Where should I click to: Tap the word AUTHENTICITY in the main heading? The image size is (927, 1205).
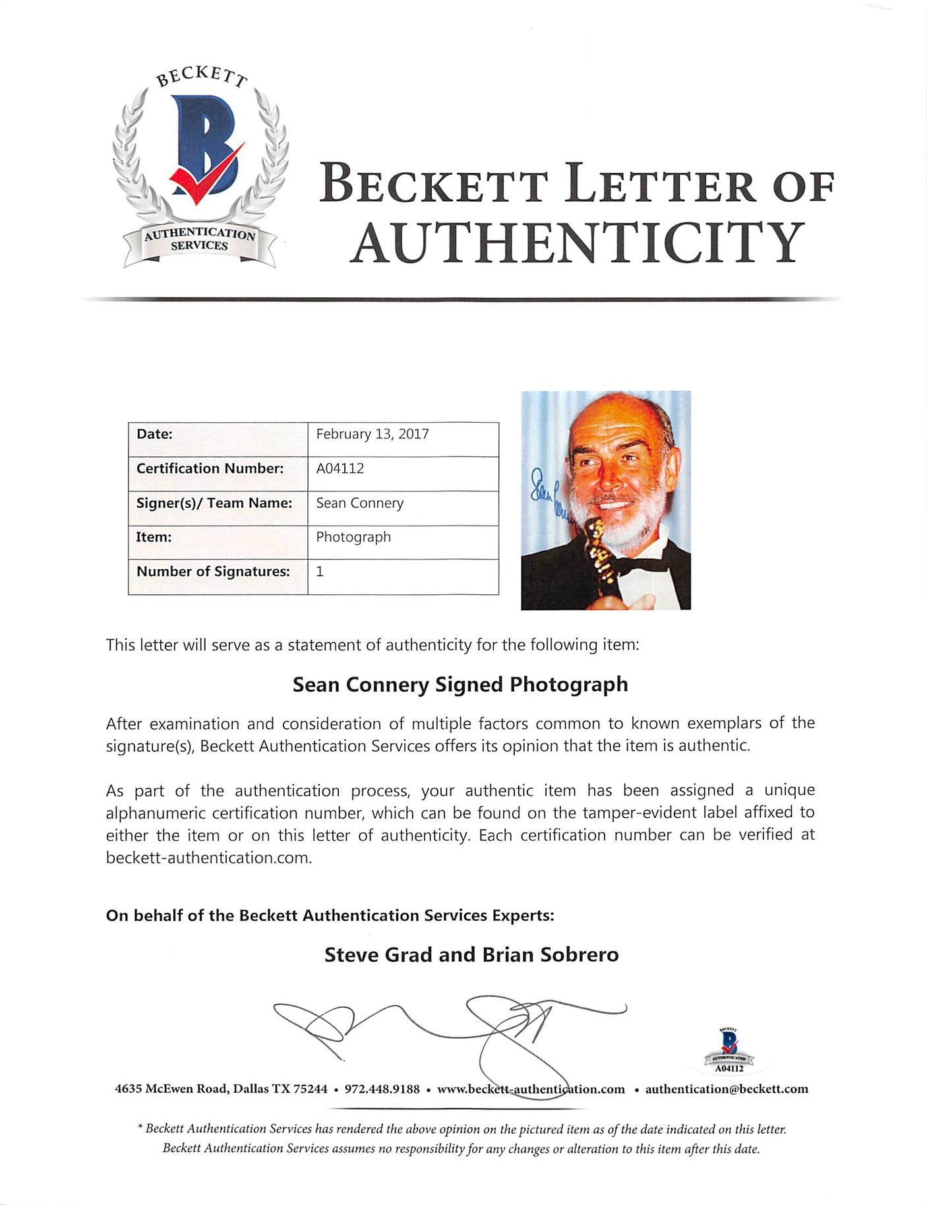[x=577, y=243]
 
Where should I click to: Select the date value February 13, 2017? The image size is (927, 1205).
[x=373, y=434]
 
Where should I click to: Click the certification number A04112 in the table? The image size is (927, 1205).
[x=340, y=468]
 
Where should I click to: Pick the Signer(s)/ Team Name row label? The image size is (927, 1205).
[x=214, y=503]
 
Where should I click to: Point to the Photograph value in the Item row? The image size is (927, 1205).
[x=353, y=537]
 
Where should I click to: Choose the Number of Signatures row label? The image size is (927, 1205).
[x=213, y=571]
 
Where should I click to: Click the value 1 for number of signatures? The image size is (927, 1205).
[x=320, y=571]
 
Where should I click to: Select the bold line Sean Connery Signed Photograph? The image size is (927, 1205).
[x=460, y=685]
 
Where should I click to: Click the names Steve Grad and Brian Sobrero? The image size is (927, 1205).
[x=471, y=954]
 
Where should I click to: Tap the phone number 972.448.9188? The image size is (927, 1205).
[x=382, y=1089]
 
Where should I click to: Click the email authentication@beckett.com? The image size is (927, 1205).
[x=727, y=1089]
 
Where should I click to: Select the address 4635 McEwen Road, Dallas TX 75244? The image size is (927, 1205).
[x=221, y=1089]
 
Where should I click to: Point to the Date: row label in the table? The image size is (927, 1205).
[x=154, y=434]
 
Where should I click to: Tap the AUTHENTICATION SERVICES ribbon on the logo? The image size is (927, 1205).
[x=199, y=240]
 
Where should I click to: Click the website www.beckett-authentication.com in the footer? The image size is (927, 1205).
[x=531, y=1089]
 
